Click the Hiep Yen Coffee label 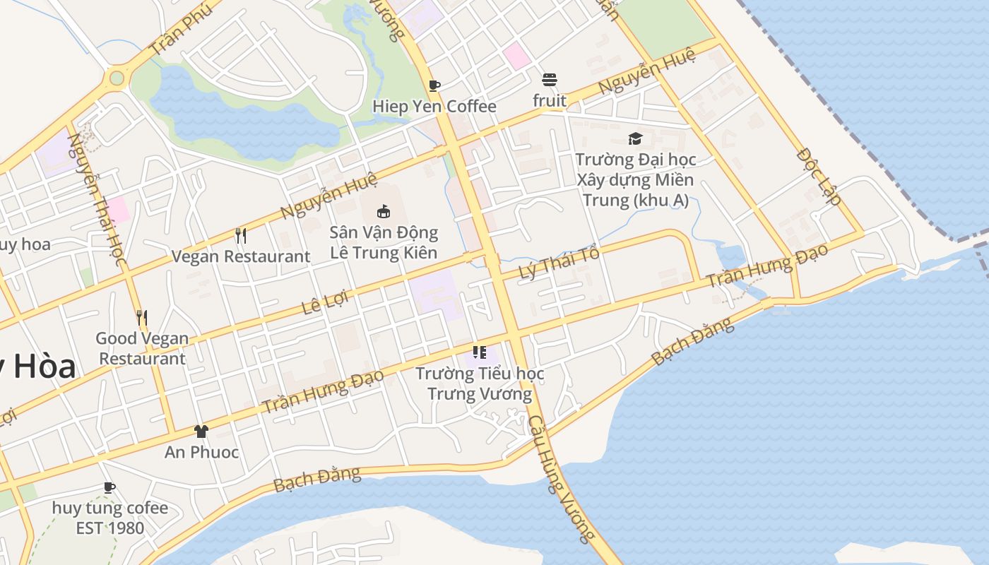434,107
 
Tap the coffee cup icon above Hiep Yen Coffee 434,85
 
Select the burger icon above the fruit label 550,79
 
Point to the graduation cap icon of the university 635,138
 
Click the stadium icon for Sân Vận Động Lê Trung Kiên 383,211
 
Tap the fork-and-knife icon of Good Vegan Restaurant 142,318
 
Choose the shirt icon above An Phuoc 201,432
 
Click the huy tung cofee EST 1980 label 109,518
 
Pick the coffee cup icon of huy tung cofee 109,487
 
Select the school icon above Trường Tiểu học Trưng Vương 480,352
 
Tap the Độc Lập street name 819,176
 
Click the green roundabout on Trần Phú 117,78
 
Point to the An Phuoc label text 201,452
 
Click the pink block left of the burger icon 517,55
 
